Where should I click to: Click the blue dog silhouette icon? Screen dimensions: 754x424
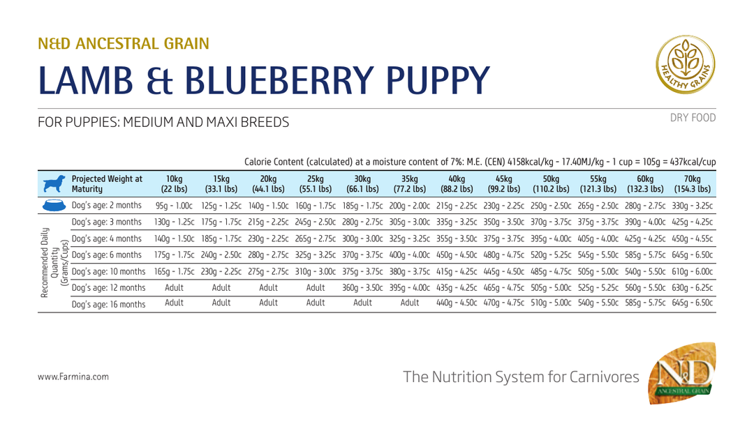[x=54, y=184]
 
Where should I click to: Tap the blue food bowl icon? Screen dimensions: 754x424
[x=54, y=205]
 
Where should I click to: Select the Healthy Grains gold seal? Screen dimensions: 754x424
[x=686, y=64]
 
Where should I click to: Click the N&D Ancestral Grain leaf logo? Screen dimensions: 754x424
[x=682, y=373]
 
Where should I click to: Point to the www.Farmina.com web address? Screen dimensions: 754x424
[x=73, y=377]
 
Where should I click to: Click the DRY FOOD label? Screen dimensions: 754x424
[x=693, y=118]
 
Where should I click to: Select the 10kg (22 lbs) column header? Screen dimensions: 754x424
[x=174, y=184]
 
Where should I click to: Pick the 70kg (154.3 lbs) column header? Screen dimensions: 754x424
[x=693, y=184]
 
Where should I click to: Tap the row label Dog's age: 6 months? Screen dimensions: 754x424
[x=107, y=255]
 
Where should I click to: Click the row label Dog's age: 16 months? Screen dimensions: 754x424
[x=109, y=304]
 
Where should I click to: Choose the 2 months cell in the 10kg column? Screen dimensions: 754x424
[x=174, y=206]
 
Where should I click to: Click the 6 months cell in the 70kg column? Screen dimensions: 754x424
[x=693, y=255]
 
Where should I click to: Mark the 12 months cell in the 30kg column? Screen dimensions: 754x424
[x=362, y=287]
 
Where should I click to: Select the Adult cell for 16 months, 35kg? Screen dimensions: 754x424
[x=410, y=303]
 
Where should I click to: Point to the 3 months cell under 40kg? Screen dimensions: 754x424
[x=457, y=222]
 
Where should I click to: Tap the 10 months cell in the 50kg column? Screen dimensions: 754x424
[x=551, y=271]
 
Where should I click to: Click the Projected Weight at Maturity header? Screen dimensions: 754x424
[x=108, y=184]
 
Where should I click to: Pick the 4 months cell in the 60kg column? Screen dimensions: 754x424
[x=645, y=238]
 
